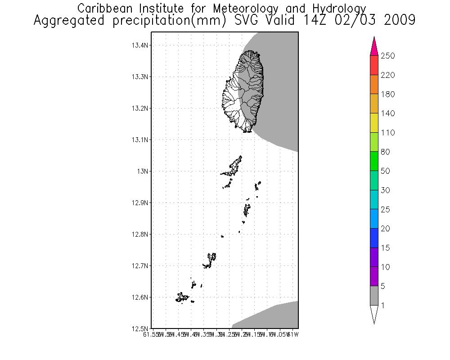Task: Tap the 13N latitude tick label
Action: click(x=143, y=171)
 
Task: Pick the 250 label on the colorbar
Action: click(x=388, y=56)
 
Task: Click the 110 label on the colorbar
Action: click(x=388, y=133)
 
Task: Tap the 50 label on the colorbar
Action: click(x=386, y=171)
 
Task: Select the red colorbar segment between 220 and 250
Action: click(x=374, y=65)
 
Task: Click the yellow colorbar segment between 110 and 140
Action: click(x=374, y=123)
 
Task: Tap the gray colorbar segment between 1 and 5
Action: click(x=374, y=296)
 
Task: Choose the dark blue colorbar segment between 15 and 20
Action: click(x=374, y=238)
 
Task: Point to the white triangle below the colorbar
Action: click(x=374, y=313)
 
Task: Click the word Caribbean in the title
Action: click(x=101, y=9)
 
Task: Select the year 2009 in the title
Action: click(x=399, y=21)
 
